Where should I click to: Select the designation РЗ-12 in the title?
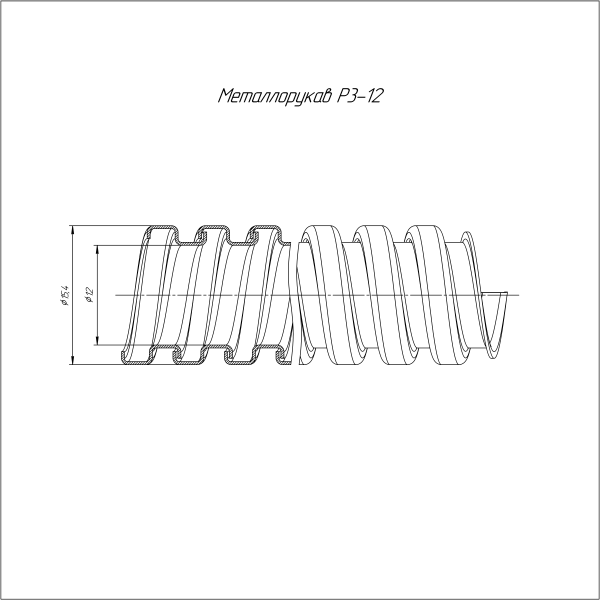click(x=359, y=96)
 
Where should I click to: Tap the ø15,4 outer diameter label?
click(x=65, y=295)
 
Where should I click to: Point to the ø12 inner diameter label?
click(x=90, y=295)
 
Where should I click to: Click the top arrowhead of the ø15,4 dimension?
click(x=72, y=229)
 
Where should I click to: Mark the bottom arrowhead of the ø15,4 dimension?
click(x=72, y=360)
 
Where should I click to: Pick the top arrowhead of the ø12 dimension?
click(x=98, y=249)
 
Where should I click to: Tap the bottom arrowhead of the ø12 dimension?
click(x=98, y=341)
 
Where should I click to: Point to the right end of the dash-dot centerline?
click(x=519, y=295)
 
